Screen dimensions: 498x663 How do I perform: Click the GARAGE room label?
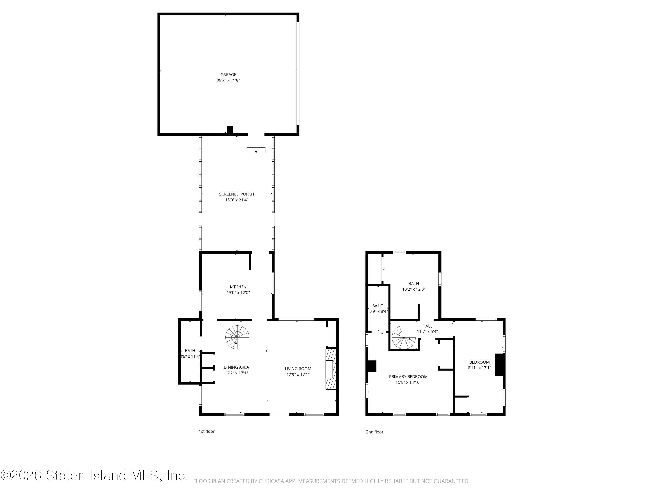click(228, 75)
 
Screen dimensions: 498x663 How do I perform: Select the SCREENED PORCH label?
click(236, 194)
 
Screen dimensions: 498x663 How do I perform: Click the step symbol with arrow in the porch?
click(256, 150)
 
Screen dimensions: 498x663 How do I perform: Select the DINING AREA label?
click(236, 367)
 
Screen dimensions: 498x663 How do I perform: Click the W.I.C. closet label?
click(378, 306)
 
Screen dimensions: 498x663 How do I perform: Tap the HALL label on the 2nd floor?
click(427, 326)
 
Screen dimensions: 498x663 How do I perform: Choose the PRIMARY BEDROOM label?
click(408, 377)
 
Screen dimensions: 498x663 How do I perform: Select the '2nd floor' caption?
click(374, 432)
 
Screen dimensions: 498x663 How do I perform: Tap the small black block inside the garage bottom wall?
click(230, 129)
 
